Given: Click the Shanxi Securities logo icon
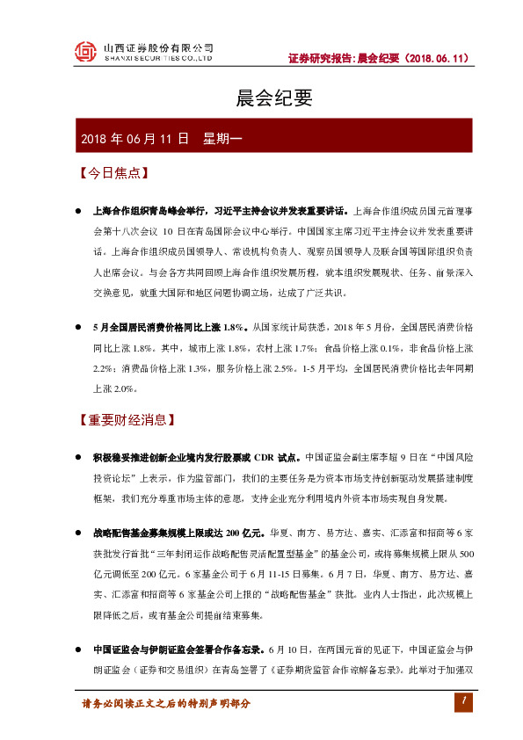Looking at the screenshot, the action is [84, 52].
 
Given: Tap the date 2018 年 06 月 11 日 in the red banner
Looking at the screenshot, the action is [134, 139].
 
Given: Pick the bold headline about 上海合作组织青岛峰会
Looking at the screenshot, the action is [220, 211].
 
